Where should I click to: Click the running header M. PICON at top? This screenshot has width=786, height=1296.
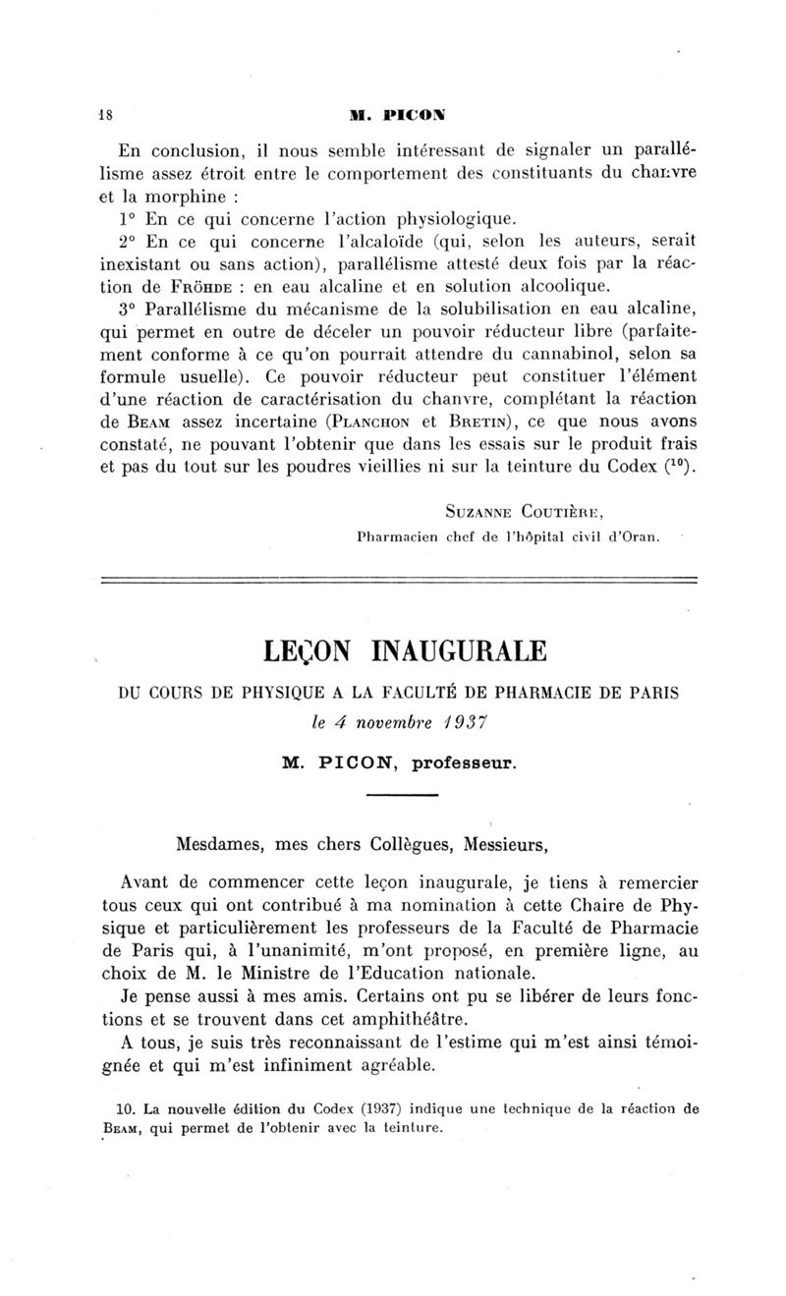(x=396, y=113)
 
